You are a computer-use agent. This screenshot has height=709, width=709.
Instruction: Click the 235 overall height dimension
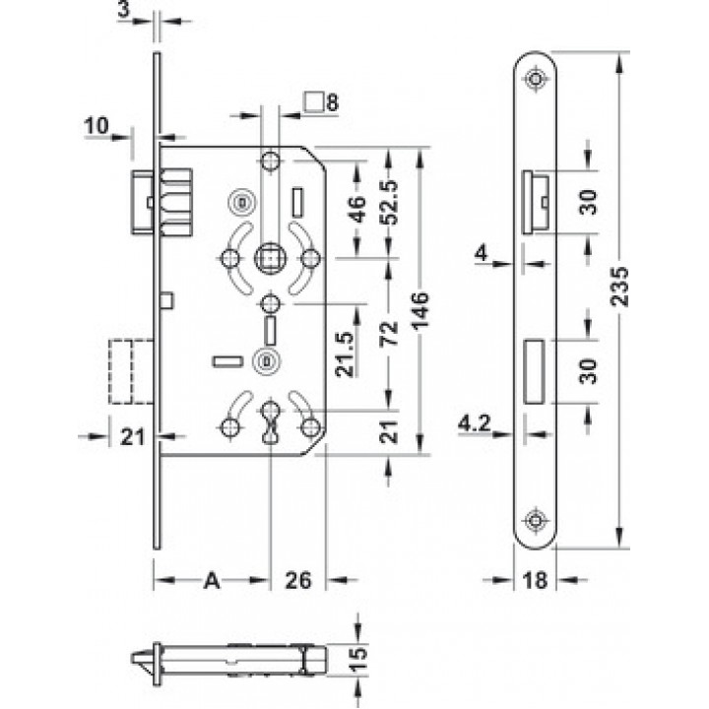pyautogui.click(x=620, y=288)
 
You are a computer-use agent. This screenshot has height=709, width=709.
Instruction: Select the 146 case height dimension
pyautogui.click(x=420, y=310)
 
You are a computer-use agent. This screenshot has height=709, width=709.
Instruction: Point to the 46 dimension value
pyautogui.click(x=357, y=209)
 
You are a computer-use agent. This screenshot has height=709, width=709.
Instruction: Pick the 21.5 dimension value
pyautogui.click(x=345, y=354)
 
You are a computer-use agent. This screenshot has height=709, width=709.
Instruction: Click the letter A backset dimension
pyautogui.click(x=212, y=580)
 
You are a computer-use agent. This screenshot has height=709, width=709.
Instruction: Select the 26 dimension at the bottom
pyautogui.click(x=298, y=580)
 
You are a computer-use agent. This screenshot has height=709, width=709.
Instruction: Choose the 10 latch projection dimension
pyautogui.click(x=97, y=125)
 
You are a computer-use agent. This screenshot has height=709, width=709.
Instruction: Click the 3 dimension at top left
pyautogui.click(x=123, y=10)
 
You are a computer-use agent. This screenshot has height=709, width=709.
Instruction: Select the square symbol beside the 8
pyautogui.click(x=313, y=101)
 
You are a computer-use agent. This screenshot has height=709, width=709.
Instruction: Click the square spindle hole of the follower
pyautogui.click(x=271, y=259)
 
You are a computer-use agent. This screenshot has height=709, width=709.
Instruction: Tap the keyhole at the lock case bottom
pyautogui.click(x=271, y=421)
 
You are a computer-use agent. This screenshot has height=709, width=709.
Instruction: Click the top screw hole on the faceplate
pyautogui.click(x=535, y=79)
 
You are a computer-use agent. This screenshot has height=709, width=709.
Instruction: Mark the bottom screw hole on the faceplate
pyautogui.click(x=535, y=520)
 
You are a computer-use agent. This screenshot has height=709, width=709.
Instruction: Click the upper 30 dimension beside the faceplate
pyautogui.click(x=588, y=202)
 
